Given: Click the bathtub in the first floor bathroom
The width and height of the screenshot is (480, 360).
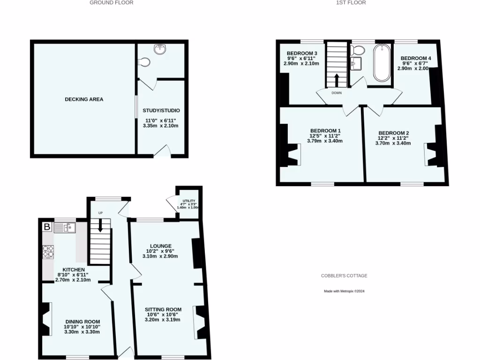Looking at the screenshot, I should pyautogui.click(x=382, y=63).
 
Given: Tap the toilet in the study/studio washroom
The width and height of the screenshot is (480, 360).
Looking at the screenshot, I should pyautogui.click(x=145, y=61).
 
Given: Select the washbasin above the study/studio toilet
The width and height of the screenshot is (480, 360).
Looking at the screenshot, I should pyautogui.click(x=161, y=48).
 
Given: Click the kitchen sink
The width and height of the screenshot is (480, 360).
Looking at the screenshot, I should pyautogui.click(x=65, y=228).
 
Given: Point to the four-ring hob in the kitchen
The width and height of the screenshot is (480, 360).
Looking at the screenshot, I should pyautogui.click(x=48, y=252).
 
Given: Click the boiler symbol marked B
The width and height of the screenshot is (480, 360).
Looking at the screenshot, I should pyautogui.click(x=47, y=227).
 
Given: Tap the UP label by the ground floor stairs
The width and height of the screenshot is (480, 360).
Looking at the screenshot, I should pyautogui.click(x=100, y=213).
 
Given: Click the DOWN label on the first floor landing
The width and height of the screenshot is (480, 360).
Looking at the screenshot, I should pyautogui.click(x=337, y=93).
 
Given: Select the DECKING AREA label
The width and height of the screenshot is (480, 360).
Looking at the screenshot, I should pyautogui.click(x=84, y=99).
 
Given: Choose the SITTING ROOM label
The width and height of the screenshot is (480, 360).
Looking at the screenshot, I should pyautogui.click(x=163, y=309).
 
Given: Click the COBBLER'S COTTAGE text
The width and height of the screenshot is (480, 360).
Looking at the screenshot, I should pyautogui.click(x=344, y=276).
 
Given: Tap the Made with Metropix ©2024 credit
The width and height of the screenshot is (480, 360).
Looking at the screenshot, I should pyautogui.click(x=344, y=291).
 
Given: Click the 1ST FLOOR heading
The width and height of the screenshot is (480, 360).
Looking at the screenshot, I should pyautogui.click(x=351, y=3).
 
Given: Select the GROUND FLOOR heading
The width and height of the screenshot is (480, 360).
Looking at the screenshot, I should pyautogui.click(x=112, y=3).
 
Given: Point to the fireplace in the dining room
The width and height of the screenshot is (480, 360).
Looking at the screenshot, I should pyautogui.click(x=46, y=319).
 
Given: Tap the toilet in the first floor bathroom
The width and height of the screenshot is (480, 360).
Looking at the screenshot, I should pyautogui.click(x=359, y=50).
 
